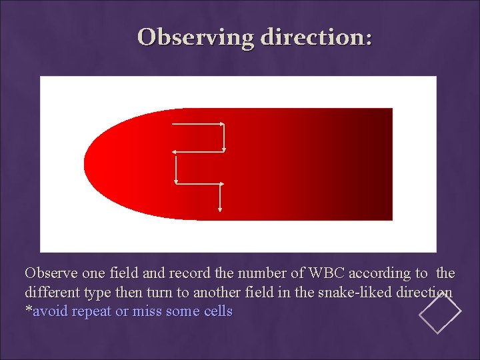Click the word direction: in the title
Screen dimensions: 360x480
(316, 37)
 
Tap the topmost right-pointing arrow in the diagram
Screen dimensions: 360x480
(198, 124)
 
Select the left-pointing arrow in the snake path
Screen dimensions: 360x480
(199, 152)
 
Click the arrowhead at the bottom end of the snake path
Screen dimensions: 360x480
(220, 208)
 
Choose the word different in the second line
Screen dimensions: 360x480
(49, 293)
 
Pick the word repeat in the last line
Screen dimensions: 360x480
(92, 311)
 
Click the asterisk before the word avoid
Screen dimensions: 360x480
(28, 310)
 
